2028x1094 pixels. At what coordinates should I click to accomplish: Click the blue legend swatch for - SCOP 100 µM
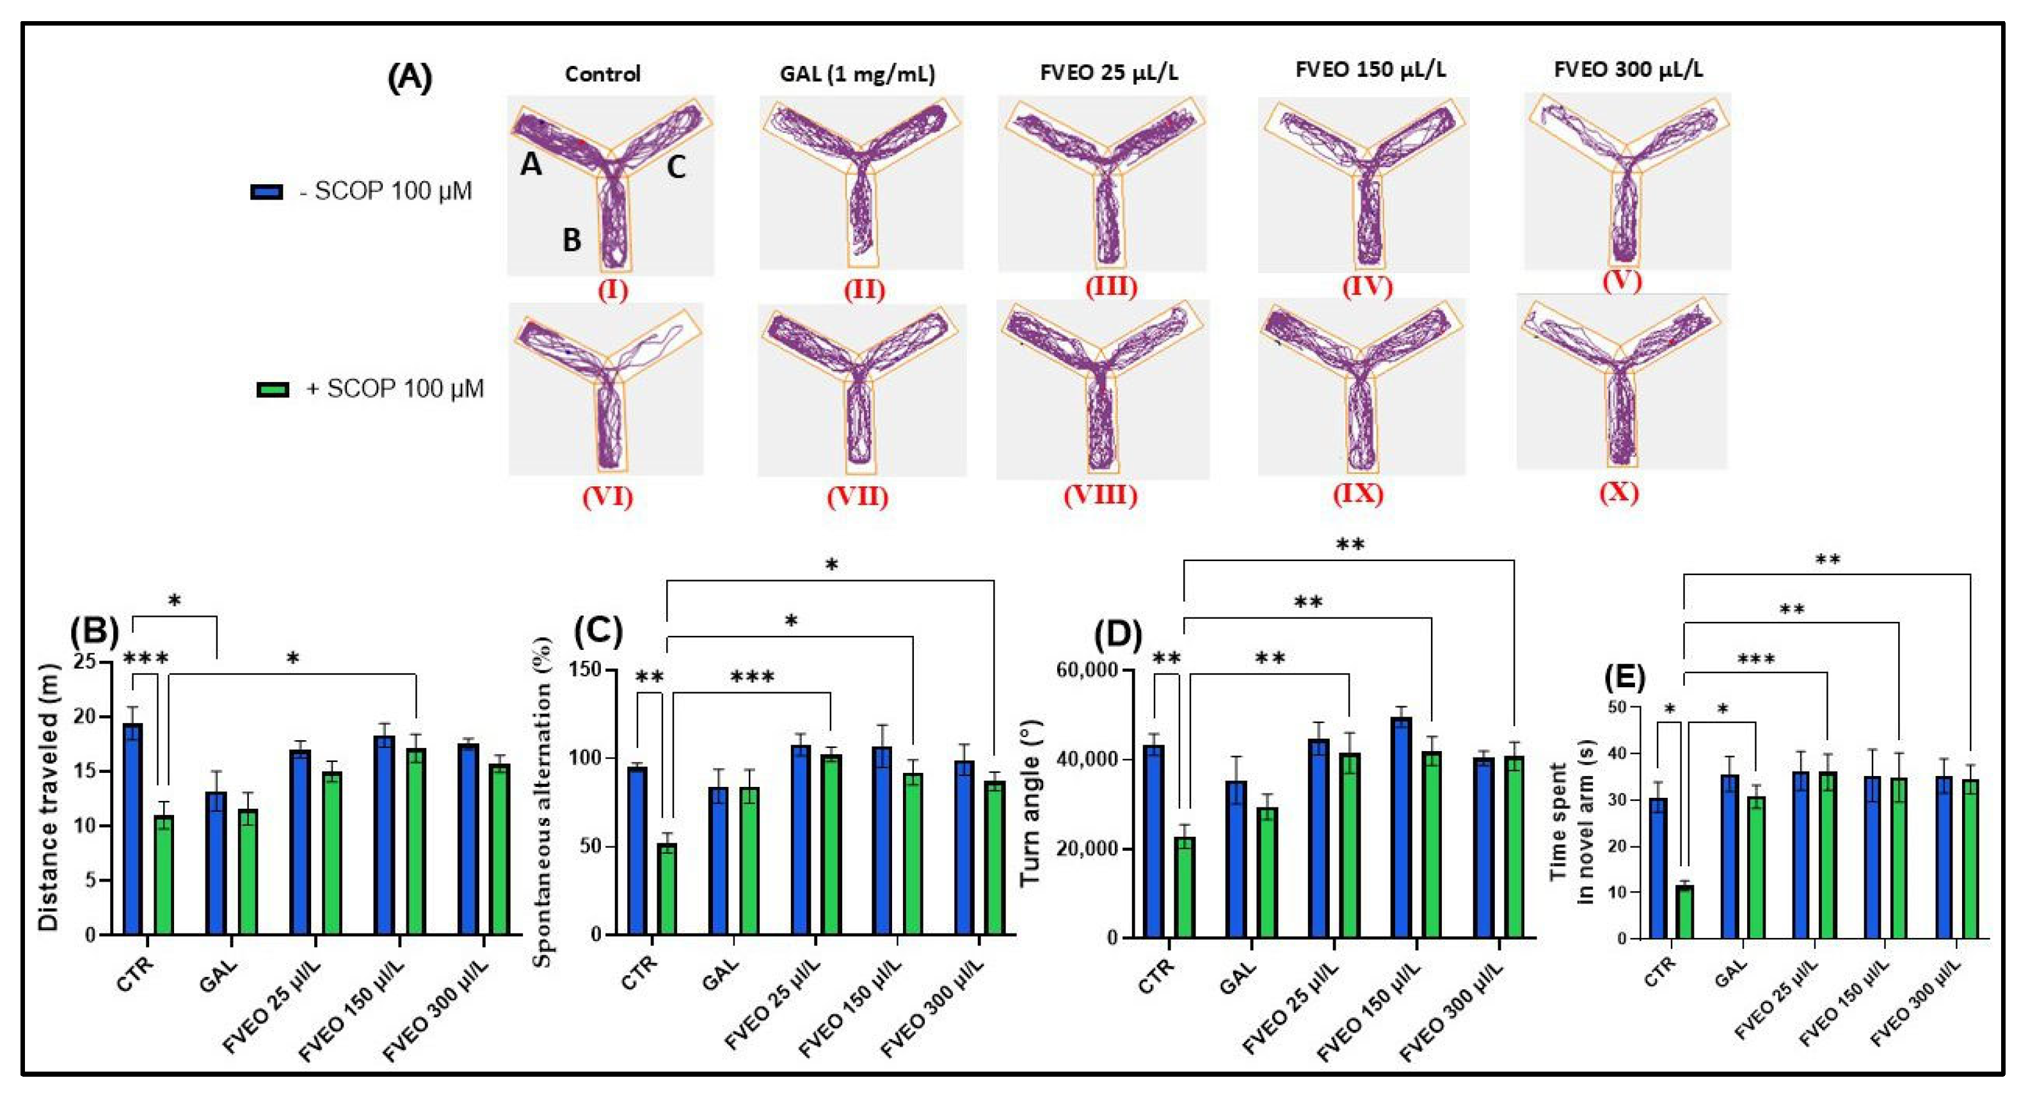[x=266, y=192]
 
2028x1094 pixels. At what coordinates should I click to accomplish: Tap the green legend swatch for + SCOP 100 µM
[x=273, y=390]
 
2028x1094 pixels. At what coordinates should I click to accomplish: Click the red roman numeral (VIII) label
[x=1100, y=495]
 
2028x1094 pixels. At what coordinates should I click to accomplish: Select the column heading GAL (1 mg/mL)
[x=858, y=75]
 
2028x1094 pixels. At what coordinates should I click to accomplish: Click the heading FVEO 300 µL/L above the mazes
[x=1628, y=70]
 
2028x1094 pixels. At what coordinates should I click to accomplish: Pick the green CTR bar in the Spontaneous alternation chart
[x=667, y=889]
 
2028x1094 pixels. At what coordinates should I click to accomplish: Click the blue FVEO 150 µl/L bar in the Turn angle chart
[x=1401, y=827]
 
